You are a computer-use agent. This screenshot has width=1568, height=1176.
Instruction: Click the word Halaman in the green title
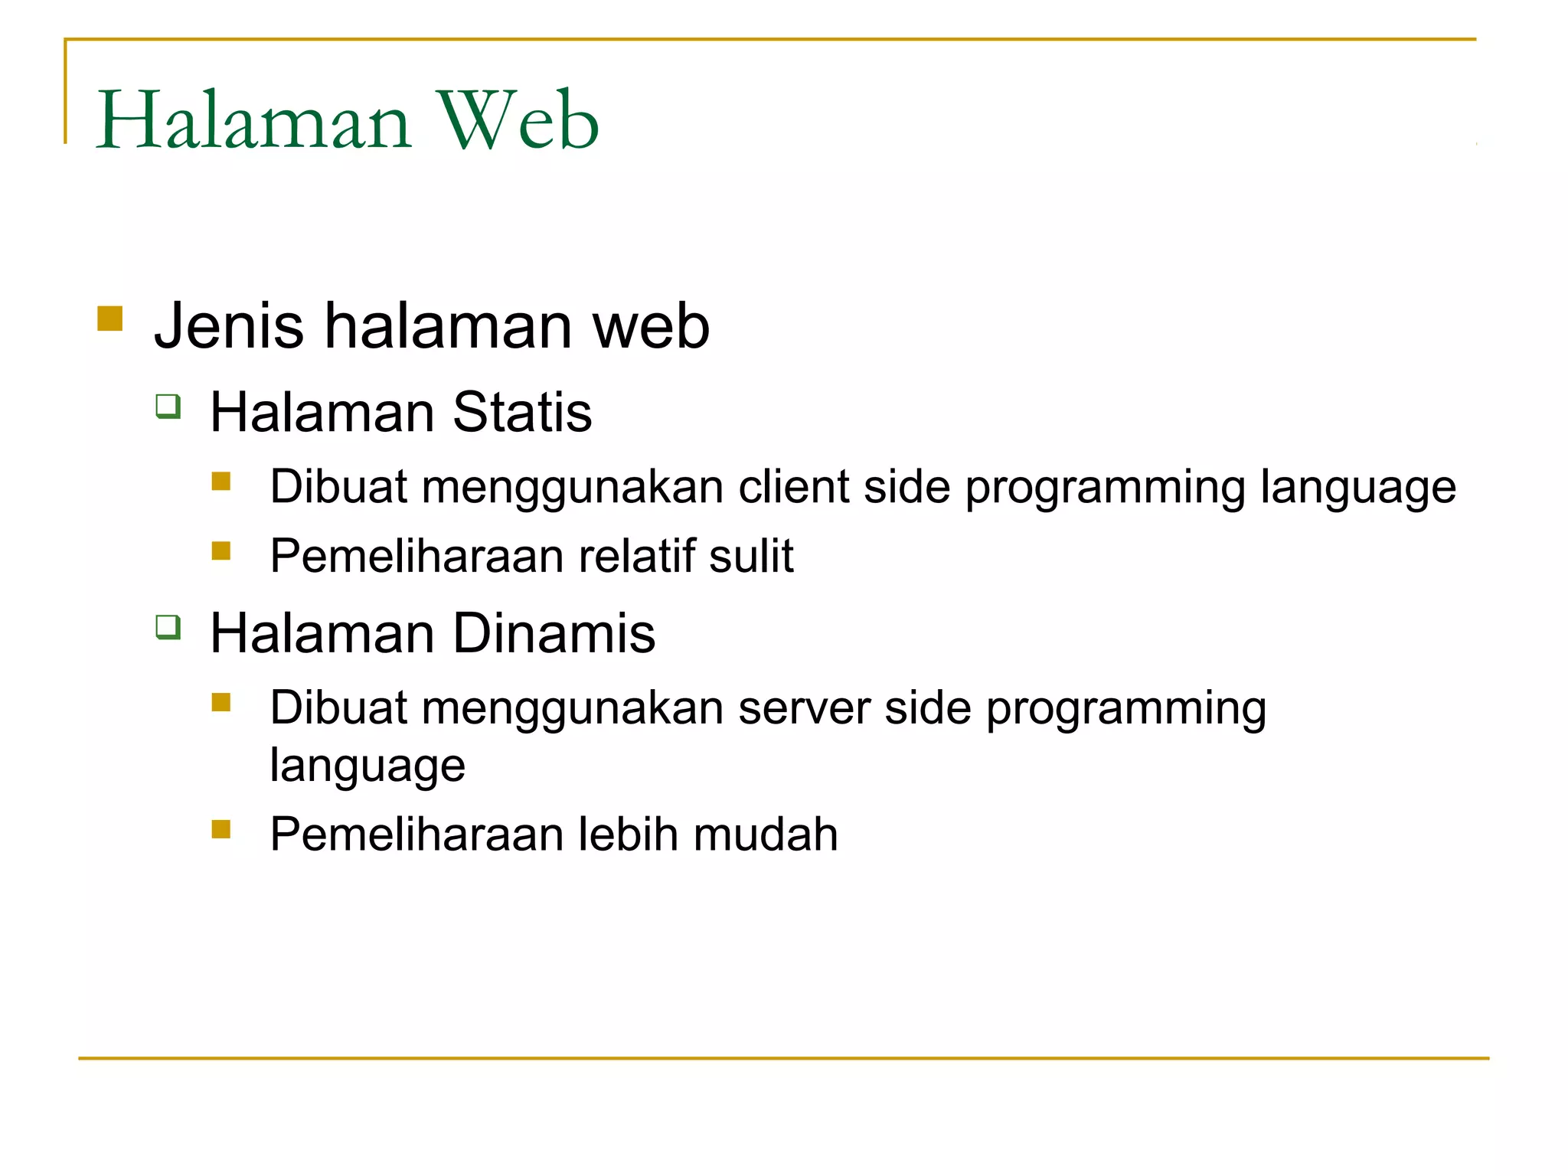pos(254,121)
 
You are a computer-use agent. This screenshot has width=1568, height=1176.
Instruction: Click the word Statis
pos(522,412)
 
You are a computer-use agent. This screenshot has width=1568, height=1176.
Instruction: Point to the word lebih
pos(627,834)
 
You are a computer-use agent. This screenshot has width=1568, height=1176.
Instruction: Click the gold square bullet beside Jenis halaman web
pos(110,318)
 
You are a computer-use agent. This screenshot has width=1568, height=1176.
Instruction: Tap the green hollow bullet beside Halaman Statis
pos(168,406)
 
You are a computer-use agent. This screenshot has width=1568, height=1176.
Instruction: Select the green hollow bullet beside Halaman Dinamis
pos(168,627)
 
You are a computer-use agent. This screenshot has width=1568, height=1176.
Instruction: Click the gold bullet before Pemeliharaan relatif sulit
pos(221,550)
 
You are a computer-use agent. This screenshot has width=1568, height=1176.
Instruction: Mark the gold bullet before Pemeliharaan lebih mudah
pos(221,829)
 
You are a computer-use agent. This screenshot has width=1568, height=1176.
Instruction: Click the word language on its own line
pos(367,766)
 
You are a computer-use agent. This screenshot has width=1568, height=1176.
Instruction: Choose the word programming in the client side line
pos(1105,488)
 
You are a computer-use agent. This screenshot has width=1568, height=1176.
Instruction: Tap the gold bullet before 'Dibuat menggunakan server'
pos(221,702)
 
